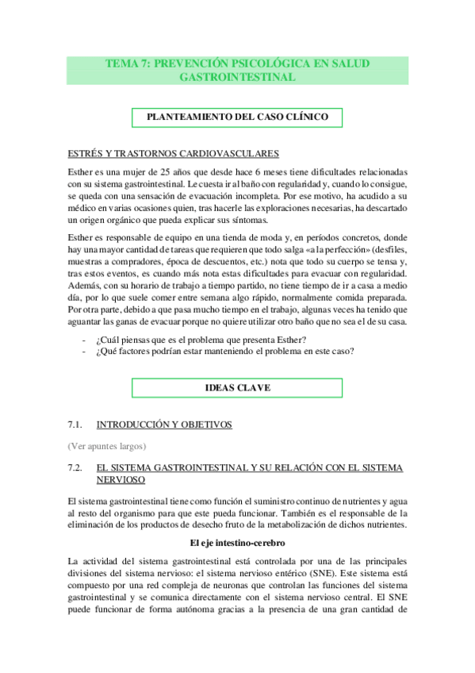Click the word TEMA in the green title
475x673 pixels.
pos(123,63)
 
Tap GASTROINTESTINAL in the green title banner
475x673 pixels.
pos(238,77)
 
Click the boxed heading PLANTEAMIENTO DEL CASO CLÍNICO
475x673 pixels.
pos(238,117)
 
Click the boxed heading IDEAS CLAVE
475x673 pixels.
pos(238,388)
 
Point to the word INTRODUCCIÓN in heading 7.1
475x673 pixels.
pos(133,425)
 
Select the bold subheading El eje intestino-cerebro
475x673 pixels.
pos(238,542)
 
